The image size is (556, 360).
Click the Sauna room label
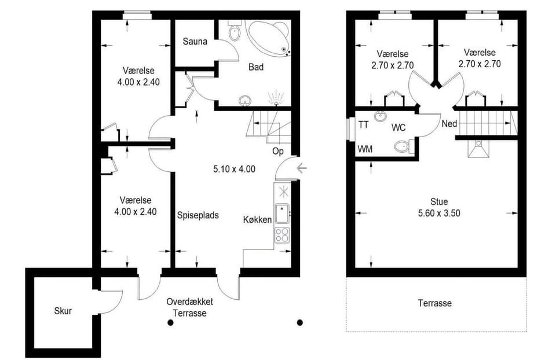click(195, 42)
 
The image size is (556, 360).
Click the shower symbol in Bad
click(276, 98)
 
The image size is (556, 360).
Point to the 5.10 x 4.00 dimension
click(234, 169)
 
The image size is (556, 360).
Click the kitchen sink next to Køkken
click(283, 214)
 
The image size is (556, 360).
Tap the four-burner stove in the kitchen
click(282, 234)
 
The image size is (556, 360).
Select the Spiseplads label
click(198, 215)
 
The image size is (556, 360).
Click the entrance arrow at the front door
click(302, 168)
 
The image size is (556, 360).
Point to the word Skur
click(63, 311)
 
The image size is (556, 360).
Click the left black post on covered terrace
click(170, 322)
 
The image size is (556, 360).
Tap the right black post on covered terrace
click(300, 322)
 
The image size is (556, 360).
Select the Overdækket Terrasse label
click(190, 307)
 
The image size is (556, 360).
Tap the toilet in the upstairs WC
click(404, 146)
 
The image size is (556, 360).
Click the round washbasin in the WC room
click(380, 116)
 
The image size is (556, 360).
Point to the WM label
click(365, 149)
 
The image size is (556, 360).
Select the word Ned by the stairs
click(449, 124)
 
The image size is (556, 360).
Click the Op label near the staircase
click(278, 151)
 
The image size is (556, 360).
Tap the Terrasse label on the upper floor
click(435, 303)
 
